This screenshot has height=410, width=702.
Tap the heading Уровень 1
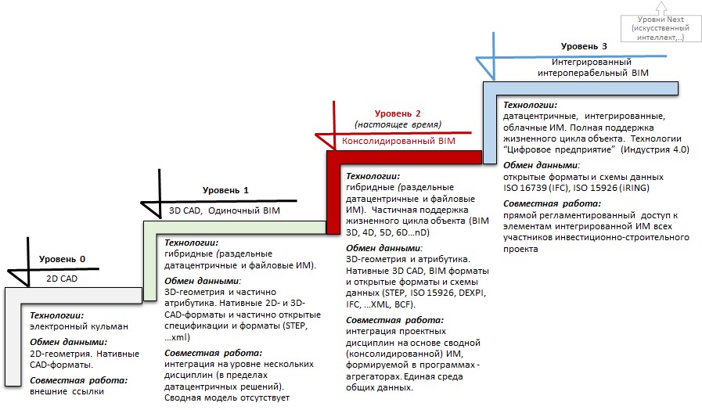tap(225, 190)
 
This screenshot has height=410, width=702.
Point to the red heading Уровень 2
tap(398, 113)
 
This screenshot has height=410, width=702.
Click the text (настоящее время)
tap(398, 124)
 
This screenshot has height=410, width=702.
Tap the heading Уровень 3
tap(585, 47)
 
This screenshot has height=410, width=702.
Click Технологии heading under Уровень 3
tap(530, 104)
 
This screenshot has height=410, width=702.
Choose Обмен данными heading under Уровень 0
tap(69, 342)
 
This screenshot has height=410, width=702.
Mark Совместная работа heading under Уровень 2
tap(394, 319)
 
